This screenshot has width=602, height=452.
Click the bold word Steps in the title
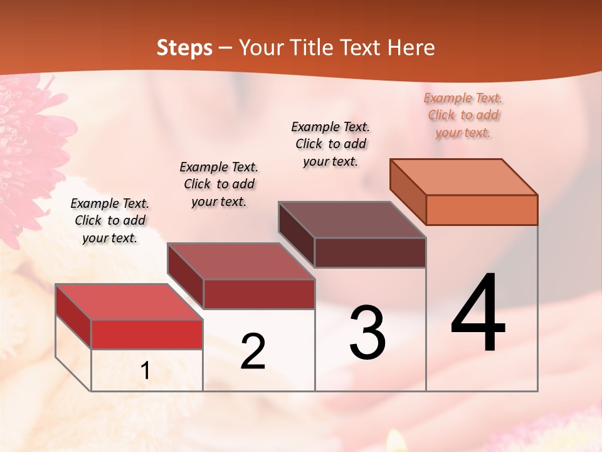(184, 48)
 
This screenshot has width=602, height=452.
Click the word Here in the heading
(411, 48)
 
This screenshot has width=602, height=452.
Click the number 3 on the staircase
(367, 333)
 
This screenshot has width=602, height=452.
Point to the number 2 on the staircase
(253, 352)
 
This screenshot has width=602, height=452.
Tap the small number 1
(145, 370)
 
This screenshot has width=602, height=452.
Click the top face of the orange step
(464, 176)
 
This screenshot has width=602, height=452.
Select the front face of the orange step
(482, 210)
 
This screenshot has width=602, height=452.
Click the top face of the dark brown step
(352, 220)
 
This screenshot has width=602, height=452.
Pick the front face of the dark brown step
(370, 252)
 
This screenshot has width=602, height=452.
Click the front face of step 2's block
(259, 294)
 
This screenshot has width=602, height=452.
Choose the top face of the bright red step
(129, 302)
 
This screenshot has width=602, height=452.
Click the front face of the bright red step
(147, 334)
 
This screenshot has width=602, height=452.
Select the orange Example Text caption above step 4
(463, 115)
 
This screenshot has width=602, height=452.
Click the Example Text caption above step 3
(330, 144)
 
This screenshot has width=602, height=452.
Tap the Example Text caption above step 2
(219, 184)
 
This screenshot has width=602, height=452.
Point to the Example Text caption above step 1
(110, 220)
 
